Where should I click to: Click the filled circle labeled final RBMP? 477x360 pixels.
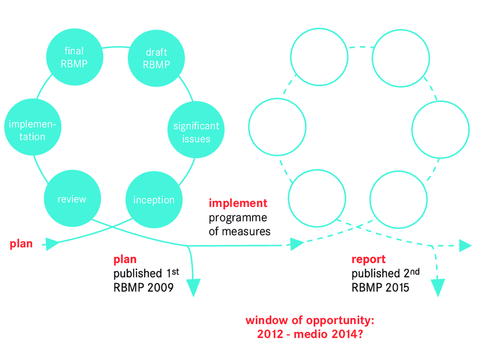74,57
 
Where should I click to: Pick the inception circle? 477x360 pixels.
153,200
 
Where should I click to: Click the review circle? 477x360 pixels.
72,199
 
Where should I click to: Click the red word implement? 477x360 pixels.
238,203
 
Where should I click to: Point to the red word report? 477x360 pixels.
368,259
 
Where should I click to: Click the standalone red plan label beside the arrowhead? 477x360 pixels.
21,244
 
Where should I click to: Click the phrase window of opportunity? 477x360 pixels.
310,321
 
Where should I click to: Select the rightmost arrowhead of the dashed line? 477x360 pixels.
464,245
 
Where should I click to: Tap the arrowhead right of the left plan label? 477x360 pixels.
52,243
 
